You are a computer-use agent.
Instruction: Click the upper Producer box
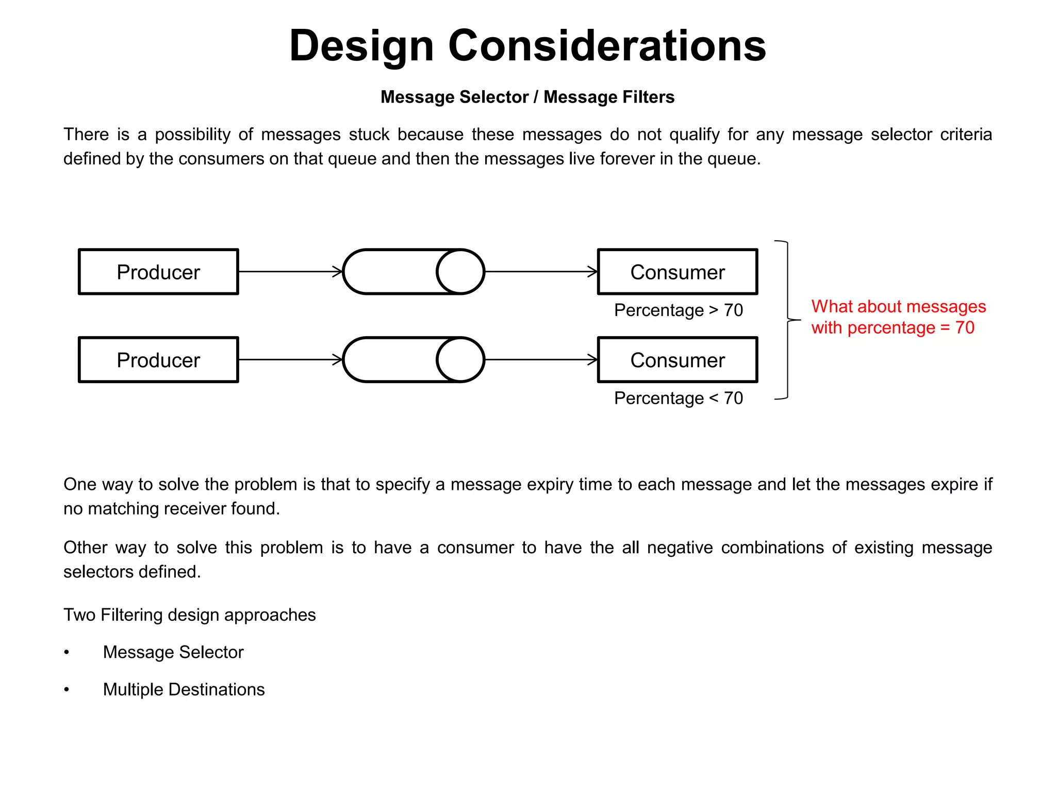158,272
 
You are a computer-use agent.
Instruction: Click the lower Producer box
158,360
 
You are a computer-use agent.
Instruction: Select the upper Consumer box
677,272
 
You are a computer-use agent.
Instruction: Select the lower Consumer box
677,360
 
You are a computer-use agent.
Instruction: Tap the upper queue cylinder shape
413,272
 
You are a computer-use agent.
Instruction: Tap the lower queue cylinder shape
413,360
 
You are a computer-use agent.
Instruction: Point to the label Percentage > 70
678,310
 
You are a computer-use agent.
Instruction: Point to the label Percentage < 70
678,398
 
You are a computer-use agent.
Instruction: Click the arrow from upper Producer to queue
290,272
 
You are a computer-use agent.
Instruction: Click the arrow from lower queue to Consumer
541,360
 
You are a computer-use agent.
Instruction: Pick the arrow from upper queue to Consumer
541,272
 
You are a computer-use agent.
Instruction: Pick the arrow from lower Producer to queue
290,360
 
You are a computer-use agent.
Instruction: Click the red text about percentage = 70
898,317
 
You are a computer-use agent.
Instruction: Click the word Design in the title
361,46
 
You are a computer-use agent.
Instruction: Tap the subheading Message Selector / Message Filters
527,97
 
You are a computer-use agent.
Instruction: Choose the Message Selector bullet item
173,652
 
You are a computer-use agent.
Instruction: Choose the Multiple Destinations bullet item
184,689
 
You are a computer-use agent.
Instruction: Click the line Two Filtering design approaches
189,615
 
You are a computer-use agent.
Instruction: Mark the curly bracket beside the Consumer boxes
787,320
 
